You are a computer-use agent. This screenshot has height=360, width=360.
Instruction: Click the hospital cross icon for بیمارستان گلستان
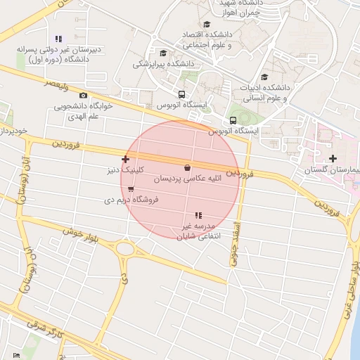[x=333, y=158]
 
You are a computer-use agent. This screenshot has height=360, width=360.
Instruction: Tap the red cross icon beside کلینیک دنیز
[x=126, y=160]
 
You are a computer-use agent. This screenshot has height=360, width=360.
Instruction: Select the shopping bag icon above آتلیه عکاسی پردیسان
[x=186, y=168]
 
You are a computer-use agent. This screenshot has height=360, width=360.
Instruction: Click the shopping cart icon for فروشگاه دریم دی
[x=131, y=188]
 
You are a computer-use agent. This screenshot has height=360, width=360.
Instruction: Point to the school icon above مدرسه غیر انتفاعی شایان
[x=198, y=215]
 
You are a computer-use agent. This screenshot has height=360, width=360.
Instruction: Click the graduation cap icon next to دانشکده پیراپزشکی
[x=164, y=53]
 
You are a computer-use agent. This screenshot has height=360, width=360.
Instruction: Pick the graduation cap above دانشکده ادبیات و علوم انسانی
[x=264, y=77]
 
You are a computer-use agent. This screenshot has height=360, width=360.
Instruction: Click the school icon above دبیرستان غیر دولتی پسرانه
[x=58, y=39]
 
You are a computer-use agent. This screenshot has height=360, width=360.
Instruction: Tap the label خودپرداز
[x=13, y=131]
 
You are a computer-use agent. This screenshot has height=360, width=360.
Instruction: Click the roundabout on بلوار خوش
[x=126, y=248]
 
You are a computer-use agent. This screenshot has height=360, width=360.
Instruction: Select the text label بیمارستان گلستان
[x=334, y=170]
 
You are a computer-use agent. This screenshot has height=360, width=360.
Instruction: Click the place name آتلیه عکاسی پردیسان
[x=187, y=179]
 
